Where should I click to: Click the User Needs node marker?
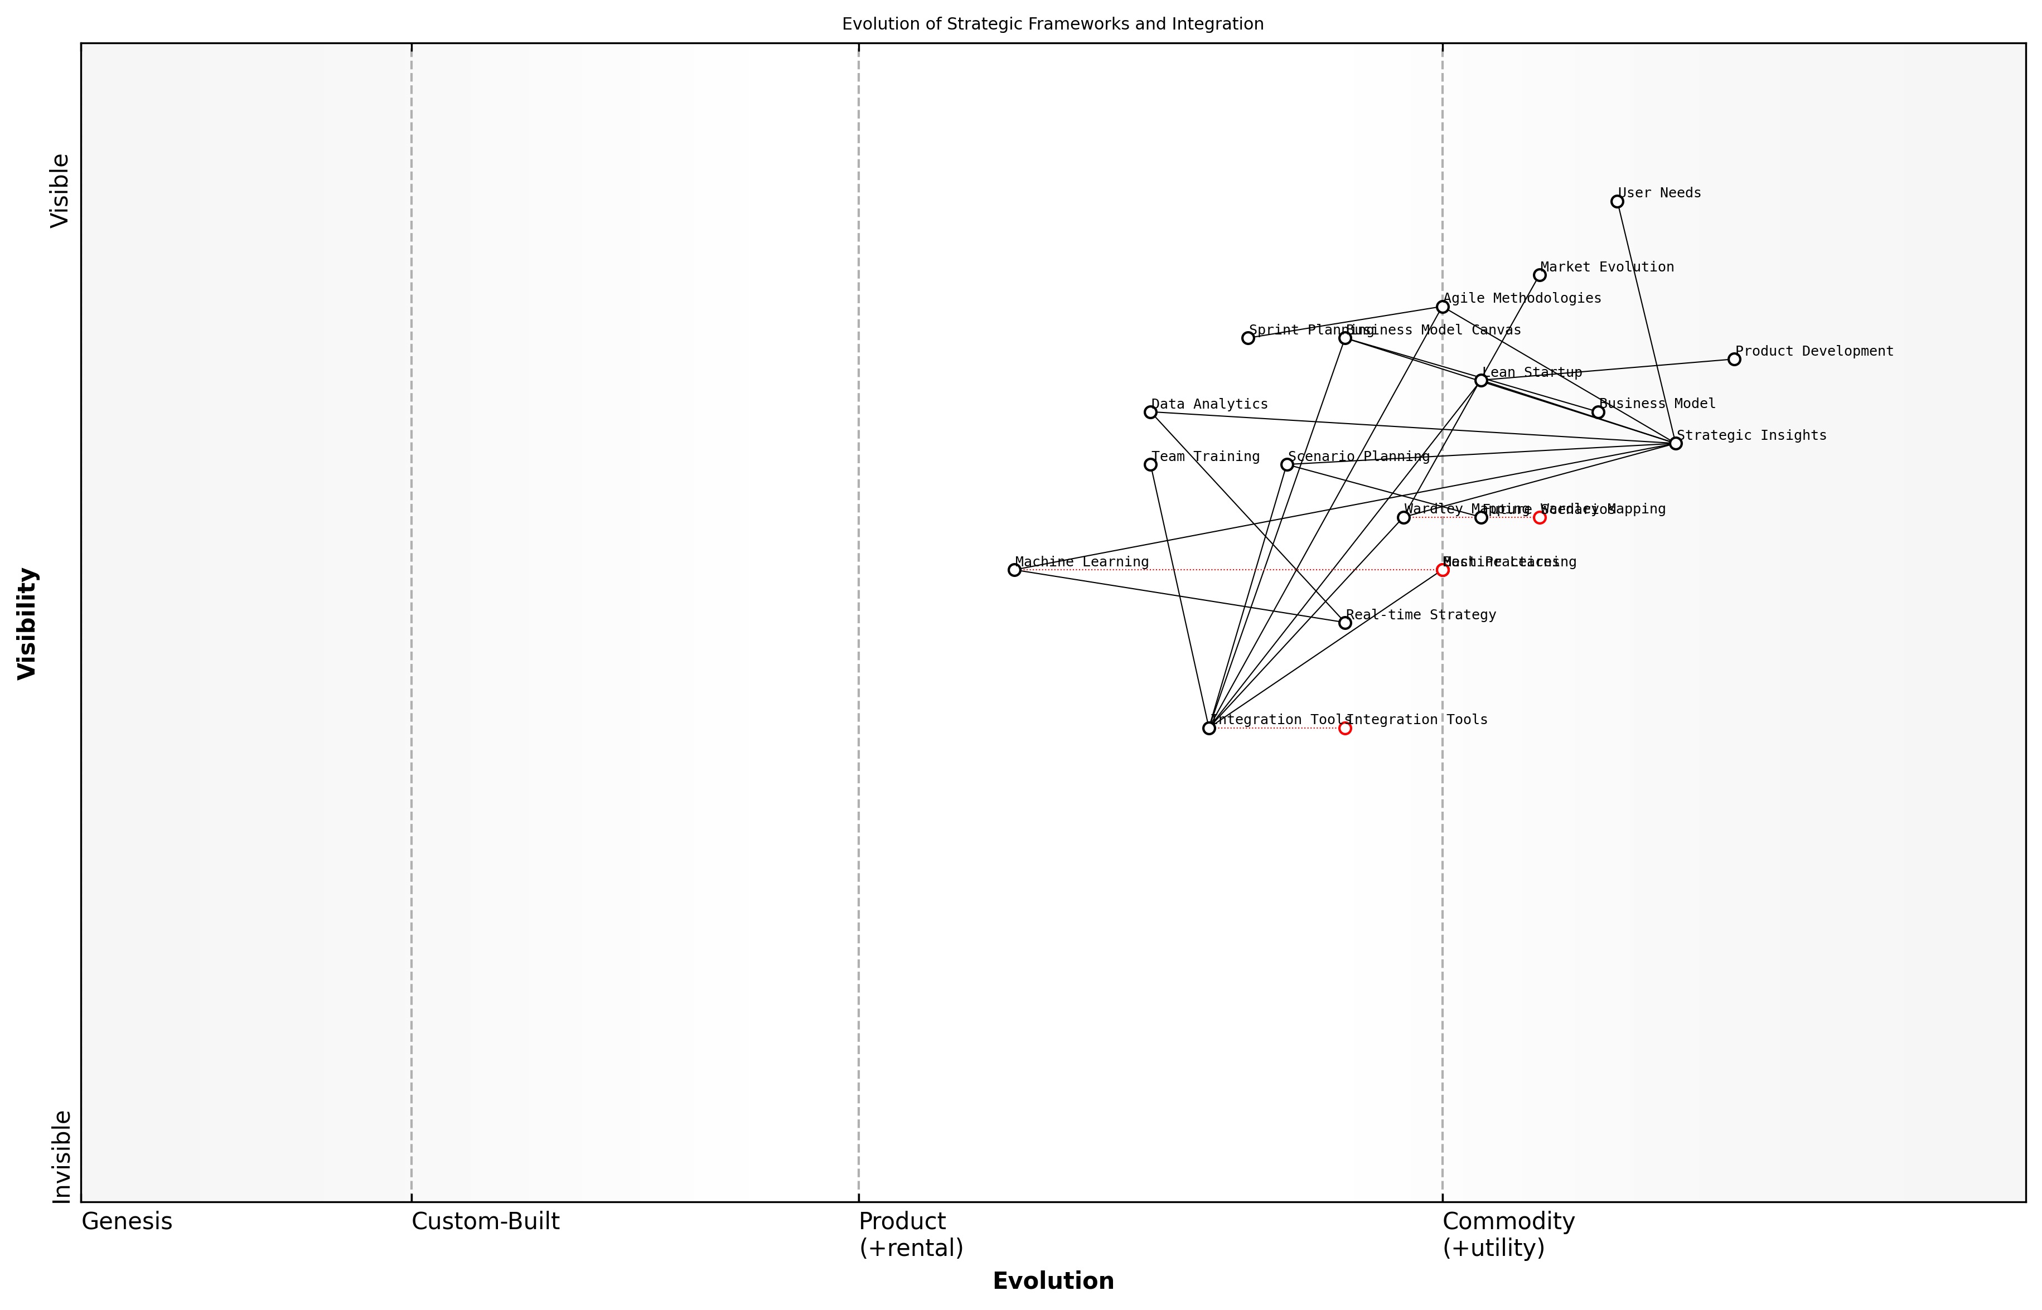tap(1617, 202)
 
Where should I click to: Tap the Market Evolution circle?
tap(1539, 275)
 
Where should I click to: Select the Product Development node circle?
tap(1734, 359)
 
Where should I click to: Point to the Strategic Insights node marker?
tap(1675, 443)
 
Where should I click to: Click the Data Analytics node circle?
tap(1150, 412)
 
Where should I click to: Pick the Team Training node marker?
tap(1150, 464)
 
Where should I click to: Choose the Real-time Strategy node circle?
tap(1345, 623)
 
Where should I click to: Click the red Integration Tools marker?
tap(1345, 728)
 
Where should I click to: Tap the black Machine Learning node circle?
tap(1014, 570)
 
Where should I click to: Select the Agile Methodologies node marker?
tap(1442, 306)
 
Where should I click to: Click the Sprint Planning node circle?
tap(1248, 338)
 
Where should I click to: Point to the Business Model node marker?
tap(1598, 412)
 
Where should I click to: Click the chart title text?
tap(1052, 24)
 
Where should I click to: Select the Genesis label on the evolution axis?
tap(127, 1221)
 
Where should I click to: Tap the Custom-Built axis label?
tap(485, 1221)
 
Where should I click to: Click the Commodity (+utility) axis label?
tap(1508, 1234)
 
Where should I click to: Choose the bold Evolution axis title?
tap(1052, 1281)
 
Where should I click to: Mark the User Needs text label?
tap(1659, 193)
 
